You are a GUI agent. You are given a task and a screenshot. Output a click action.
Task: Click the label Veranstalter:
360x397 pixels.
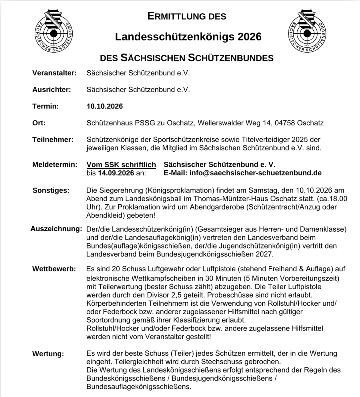click(x=54, y=73)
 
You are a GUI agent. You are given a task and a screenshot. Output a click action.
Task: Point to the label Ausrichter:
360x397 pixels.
click(x=51, y=89)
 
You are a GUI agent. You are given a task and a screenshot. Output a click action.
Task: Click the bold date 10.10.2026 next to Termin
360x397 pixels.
click(x=105, y=106)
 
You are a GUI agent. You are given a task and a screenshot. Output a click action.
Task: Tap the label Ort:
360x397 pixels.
click(x=39, y=123)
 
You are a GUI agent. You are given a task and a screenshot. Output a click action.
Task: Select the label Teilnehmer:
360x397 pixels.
click(x=53, y=140)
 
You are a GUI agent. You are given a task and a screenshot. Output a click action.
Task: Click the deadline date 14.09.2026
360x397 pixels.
click(x=116, y=173)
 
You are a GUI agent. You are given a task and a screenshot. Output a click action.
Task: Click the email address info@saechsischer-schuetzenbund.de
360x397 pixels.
click(x=255, y=173)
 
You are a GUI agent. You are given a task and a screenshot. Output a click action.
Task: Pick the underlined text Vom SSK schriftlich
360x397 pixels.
click(x=121, y=164)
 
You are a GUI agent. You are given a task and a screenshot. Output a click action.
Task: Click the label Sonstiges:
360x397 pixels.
click(x=51, y=190)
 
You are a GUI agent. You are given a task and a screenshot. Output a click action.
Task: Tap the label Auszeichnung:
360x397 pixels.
click(x=56, y=229)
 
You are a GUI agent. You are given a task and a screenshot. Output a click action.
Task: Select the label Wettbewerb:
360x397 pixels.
click(x=54, y=268)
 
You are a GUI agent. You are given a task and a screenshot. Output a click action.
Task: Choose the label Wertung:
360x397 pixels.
click(x=48, y=354)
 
